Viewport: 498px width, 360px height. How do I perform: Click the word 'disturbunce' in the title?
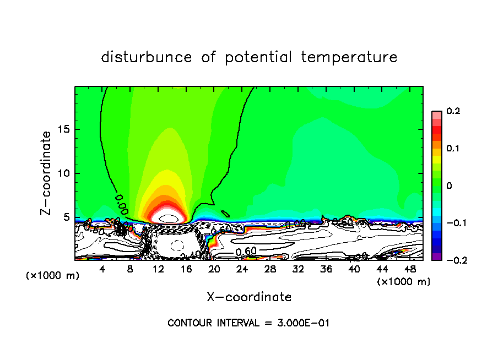(147, 57)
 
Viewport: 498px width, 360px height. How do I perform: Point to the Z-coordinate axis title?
(46, 173)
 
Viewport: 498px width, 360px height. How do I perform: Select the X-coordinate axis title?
(249, 297)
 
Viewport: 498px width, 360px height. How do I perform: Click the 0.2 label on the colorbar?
(453, 111)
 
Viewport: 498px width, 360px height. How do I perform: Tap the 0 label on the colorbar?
(448, 186)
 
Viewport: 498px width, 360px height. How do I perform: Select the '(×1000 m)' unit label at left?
(53, 276)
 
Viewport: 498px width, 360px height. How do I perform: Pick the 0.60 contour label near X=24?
(246, 252)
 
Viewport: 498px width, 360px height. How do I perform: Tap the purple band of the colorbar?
(436, 256)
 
